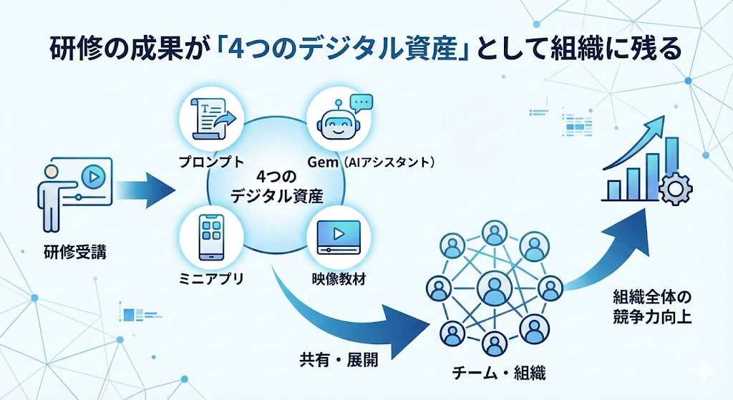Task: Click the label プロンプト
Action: (x=213, y=163)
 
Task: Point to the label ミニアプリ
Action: (x=213, y=279)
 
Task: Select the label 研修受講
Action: (x=74, y=252)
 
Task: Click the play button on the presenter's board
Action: (x=92, y=176)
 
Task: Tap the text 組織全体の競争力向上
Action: (x=653, y=306)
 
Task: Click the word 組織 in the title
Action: (x=569, y=51)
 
